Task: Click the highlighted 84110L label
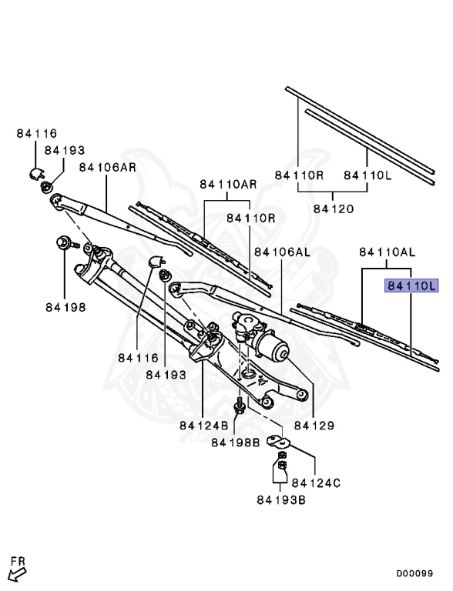click(411, 285)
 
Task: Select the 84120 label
click(334, 209)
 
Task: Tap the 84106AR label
click(108, 167)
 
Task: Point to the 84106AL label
click(283, 252)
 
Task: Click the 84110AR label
click(228, 185)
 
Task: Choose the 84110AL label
click(388, 252)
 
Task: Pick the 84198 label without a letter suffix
click(65, 307)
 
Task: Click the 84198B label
click(236, 442)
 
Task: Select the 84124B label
click(204, 426)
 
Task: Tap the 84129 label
click(314, 426)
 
